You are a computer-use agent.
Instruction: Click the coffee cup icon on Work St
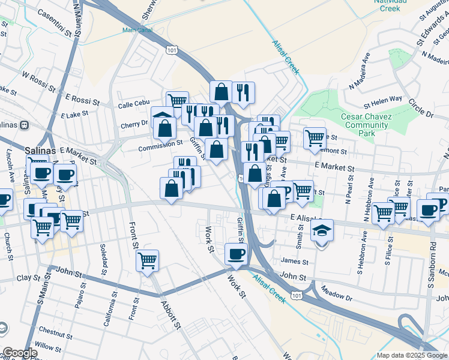(x=236, y=254)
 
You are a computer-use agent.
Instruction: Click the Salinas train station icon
(x=25, y=125)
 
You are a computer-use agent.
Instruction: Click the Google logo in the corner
(x=19, y=353)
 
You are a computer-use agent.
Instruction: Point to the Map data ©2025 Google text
(x=411, y=355)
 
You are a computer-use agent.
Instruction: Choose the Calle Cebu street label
(x=133, y=105)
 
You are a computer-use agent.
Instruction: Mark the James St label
(x=294, y=262)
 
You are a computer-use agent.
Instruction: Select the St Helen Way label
(x=379, y=99)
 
